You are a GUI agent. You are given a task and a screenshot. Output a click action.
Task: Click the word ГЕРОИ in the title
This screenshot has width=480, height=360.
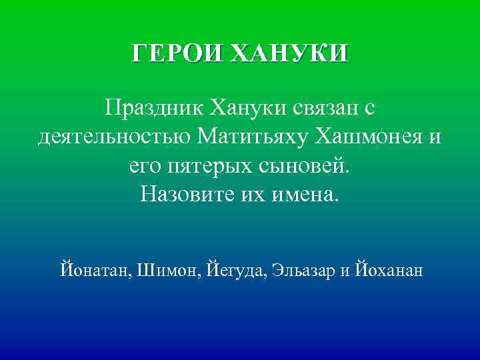[x=177, y=53]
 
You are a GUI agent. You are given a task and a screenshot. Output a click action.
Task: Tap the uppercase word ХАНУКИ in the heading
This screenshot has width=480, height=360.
[x=288, y=53]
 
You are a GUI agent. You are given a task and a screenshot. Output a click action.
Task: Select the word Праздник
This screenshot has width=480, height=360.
[x=152, y=107]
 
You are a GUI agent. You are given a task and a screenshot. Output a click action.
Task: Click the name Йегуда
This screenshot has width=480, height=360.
[x=236, y=271]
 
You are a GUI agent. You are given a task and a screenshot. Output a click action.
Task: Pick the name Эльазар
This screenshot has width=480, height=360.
[x=304, y=271]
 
